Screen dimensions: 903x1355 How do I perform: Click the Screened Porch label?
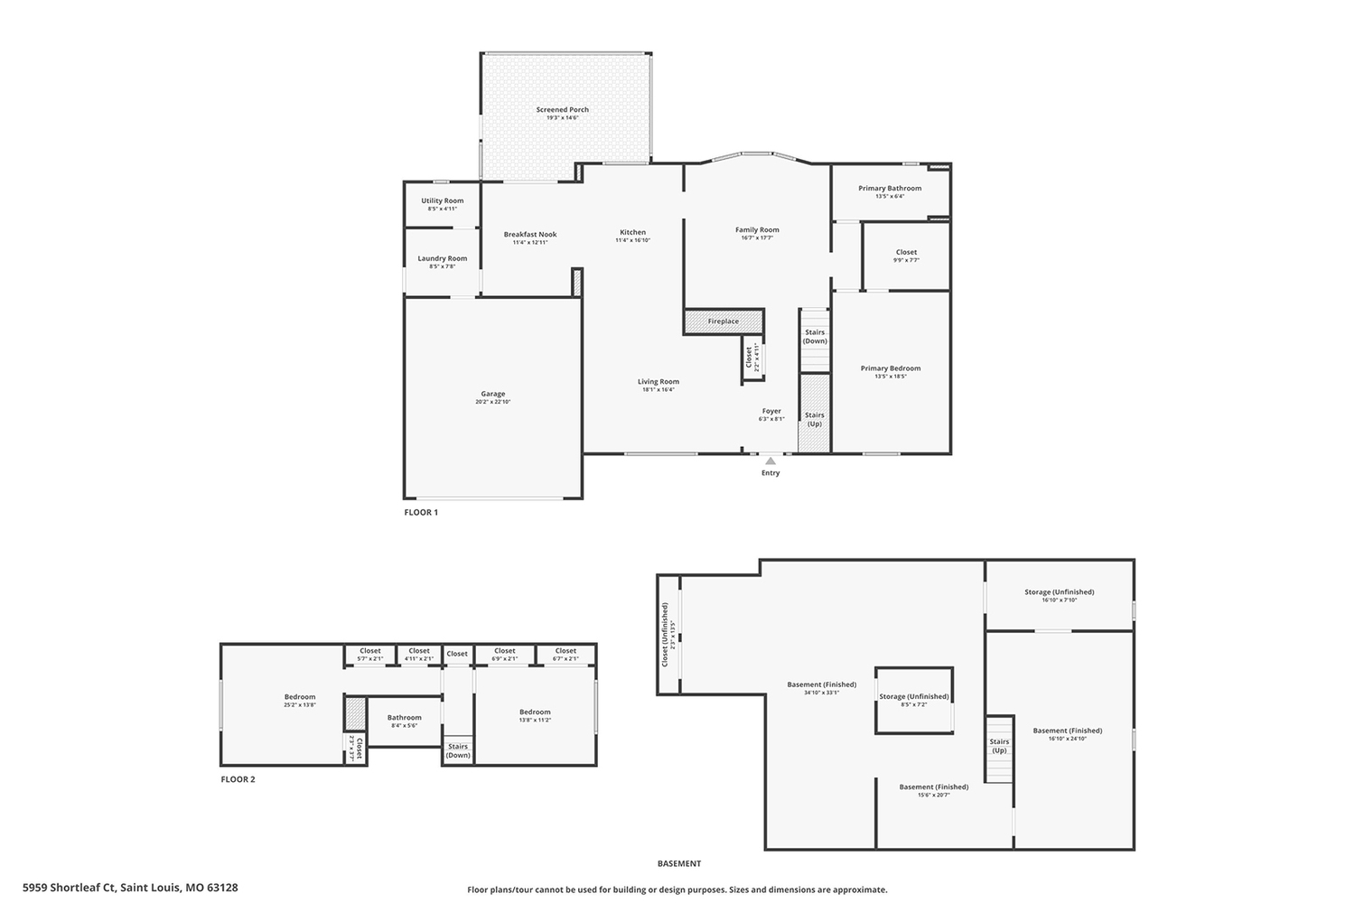click(x=562, y=110)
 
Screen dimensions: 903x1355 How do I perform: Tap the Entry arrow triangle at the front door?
click(x=771, y=461)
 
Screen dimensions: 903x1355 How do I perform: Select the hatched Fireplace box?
click(x=724, y=321)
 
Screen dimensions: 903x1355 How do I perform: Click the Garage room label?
click(x=492, y=394)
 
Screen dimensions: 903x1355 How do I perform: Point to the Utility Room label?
click(x=442, y=201)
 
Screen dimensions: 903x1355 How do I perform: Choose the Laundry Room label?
click(x=442, y=259)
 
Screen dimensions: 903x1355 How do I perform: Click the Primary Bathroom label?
click(x=890, y=189)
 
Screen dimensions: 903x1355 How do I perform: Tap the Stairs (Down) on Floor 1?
click(x=815, y=338)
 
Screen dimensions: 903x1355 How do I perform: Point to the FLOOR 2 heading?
click(x=238, y=779)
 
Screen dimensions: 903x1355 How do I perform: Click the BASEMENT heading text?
click(x=678, y=864)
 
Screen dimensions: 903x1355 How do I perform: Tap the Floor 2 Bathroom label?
click(x=404, y=718)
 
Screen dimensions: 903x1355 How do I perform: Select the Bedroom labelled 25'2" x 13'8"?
click(x=300, y=697)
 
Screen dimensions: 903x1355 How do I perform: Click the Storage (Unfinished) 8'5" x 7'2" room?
click(x=913, y=699)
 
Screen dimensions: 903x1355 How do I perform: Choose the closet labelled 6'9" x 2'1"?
click(x=504, y=654)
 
